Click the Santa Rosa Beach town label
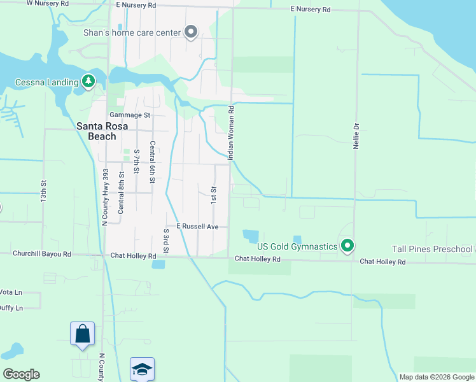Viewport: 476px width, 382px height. click(x=96, y=131)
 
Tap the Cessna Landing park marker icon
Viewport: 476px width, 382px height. click(x=88, y=81)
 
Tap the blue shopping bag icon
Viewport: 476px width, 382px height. click(x=82, y=334)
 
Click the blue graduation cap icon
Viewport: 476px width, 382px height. click(x=142, y=369)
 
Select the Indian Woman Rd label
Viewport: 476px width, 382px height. click(x=232, y=132)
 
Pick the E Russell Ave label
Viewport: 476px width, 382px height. click(x=197, y=227)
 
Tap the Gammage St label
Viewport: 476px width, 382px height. click(x=129, y=115)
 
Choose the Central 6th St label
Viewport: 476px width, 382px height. click(x=152, y=162)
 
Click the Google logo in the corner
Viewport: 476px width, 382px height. click(x=21, y=374)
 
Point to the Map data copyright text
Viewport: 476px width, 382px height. click(x=437, y=377)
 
